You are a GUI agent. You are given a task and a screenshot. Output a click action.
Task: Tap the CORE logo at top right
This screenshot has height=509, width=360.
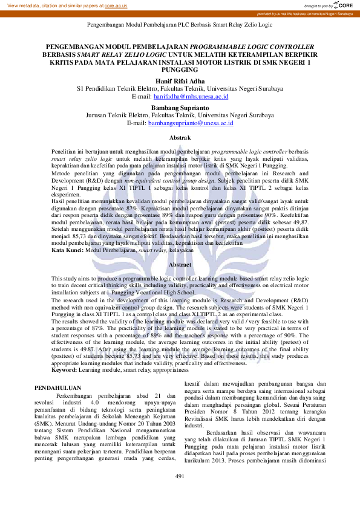coord(345,5)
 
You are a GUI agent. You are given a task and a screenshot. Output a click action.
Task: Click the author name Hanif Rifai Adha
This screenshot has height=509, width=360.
coord(180,80)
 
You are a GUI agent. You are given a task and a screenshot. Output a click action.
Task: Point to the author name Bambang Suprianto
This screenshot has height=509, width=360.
coord(180,106)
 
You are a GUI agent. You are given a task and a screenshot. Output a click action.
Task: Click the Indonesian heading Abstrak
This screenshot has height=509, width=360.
coord(180,138)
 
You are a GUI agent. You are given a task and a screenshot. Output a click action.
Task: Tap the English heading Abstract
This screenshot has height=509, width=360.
coord(180,265)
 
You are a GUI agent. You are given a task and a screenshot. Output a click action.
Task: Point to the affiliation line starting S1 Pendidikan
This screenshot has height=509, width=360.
coord(180,88)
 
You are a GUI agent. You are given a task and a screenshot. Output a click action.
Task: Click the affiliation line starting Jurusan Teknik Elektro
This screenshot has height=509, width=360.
coord(180,115)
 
